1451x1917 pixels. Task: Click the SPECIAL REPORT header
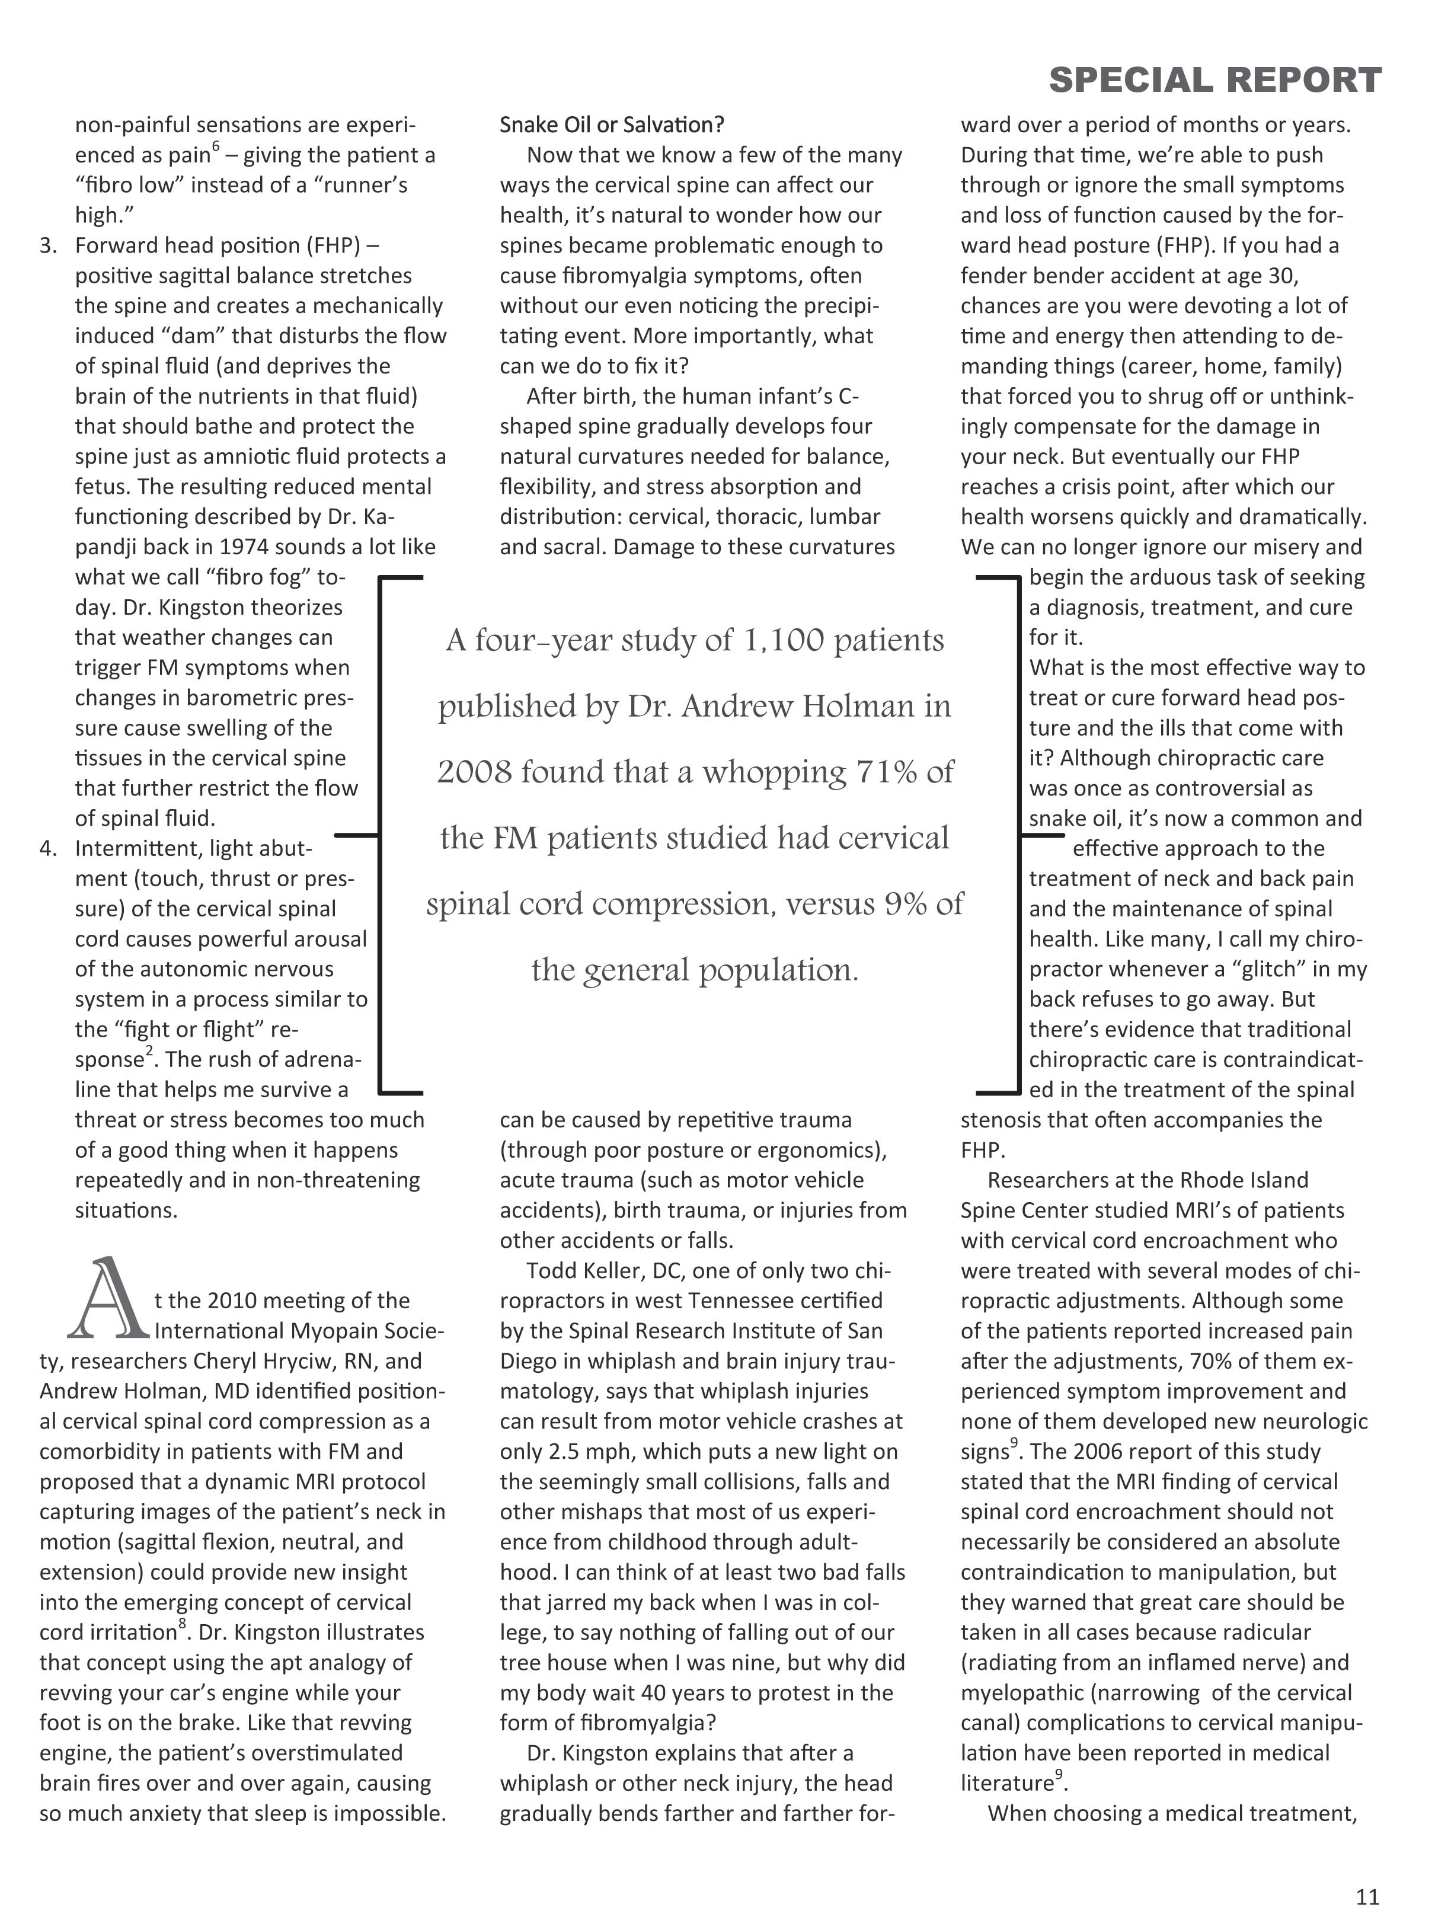pyautogui.click(x=1215, y=81)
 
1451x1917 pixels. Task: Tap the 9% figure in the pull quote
pyautogui.click(x=905, y=904)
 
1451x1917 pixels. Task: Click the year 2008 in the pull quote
pyautogui.click(x=473, y=772)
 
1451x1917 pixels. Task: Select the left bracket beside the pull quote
pyautogui.click(x=381, y=835)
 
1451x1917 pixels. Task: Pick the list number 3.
pyautogui.click(x=49, y=246)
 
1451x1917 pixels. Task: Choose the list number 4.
pyautogui.click(x=49, y=848)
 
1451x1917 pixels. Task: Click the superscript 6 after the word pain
pyautogui.click(x=216, y=148)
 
